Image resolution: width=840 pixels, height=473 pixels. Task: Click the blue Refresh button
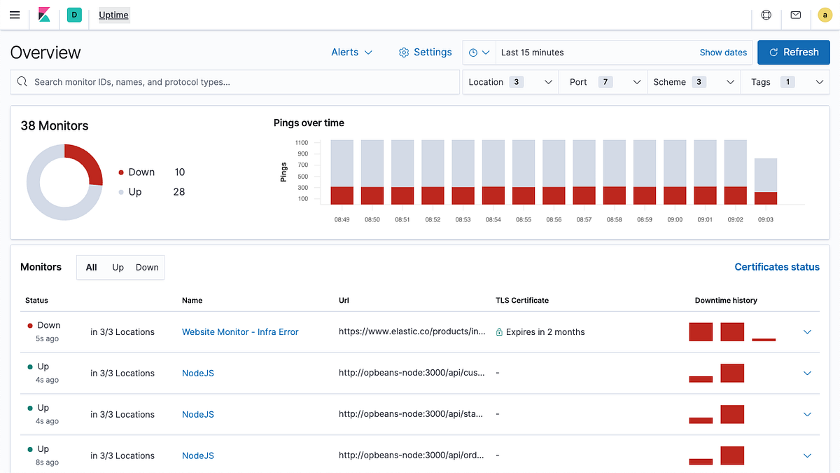[793, 53]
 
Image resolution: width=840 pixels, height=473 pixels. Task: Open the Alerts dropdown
[351, 53]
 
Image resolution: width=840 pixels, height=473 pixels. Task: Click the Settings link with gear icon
[425, 53]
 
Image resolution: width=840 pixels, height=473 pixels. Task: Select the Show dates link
[723, 53]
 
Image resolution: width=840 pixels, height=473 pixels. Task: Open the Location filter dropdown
[510, 82]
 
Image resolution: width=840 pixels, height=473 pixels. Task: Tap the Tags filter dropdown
[785, 82]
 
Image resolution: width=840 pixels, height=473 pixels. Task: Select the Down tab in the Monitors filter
[147, 267]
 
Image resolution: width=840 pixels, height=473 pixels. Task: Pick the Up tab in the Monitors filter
[118, 267]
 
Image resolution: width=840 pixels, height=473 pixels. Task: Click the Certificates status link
[776, 267]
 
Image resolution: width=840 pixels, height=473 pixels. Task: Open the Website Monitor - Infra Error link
[240, 332]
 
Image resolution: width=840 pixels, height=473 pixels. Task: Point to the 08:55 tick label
[523, 220]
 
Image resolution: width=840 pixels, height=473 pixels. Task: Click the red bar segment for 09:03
[766, 198]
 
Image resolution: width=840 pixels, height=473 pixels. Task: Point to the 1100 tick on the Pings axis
[302, 142]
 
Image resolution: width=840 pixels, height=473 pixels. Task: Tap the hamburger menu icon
[15, 15]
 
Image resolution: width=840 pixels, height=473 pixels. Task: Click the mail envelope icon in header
[795, 15]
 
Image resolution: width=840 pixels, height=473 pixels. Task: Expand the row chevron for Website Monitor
[807, 332]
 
